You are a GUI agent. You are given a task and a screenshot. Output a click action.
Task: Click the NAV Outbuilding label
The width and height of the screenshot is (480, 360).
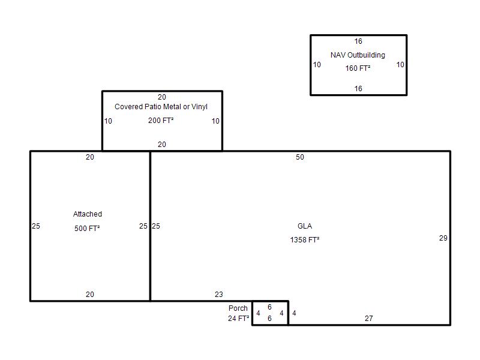[358, 55]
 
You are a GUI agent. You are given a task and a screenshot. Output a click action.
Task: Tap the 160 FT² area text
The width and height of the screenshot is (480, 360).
[358, 68]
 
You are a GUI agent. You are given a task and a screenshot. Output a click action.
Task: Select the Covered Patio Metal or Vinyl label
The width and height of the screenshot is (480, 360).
[161, 107]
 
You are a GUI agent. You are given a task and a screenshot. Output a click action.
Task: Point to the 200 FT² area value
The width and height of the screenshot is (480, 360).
[161, 121]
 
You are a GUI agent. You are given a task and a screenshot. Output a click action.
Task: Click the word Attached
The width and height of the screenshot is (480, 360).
[88, 214]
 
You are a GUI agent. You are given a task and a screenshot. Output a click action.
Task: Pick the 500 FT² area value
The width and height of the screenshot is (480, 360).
[87, 228]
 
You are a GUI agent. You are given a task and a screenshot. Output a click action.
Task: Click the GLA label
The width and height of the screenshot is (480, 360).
[305, 226]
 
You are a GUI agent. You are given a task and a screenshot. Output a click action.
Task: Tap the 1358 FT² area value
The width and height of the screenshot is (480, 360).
[305, 239]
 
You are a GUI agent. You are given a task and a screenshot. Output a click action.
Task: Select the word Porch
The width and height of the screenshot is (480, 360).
[238, 308]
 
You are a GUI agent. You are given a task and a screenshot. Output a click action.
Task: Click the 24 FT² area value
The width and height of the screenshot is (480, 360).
[238, 319]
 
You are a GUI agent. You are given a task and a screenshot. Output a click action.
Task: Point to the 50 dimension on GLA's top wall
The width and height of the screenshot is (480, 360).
[299, 157]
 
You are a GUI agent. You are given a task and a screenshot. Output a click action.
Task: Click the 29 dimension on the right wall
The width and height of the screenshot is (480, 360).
[443, 238]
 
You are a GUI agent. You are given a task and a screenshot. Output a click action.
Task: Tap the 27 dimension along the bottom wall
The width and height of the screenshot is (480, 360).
[368, 319]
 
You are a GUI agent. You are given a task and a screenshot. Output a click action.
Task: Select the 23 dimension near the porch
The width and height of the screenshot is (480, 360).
[218, 294]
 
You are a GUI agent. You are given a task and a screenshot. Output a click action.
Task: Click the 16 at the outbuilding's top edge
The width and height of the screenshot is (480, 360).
[358, 41]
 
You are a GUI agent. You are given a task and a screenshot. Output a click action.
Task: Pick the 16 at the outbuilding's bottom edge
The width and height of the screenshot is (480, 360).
[358, 88]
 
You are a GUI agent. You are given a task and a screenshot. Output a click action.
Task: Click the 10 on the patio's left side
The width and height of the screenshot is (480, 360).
[108, 121]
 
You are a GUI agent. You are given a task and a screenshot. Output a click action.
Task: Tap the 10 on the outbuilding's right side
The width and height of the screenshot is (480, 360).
[400, 65]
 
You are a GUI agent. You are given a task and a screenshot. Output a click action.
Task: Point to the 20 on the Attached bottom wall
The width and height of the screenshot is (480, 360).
[89, 294]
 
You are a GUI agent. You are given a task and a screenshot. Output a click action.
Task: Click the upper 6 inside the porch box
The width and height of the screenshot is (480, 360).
[269, 307]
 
